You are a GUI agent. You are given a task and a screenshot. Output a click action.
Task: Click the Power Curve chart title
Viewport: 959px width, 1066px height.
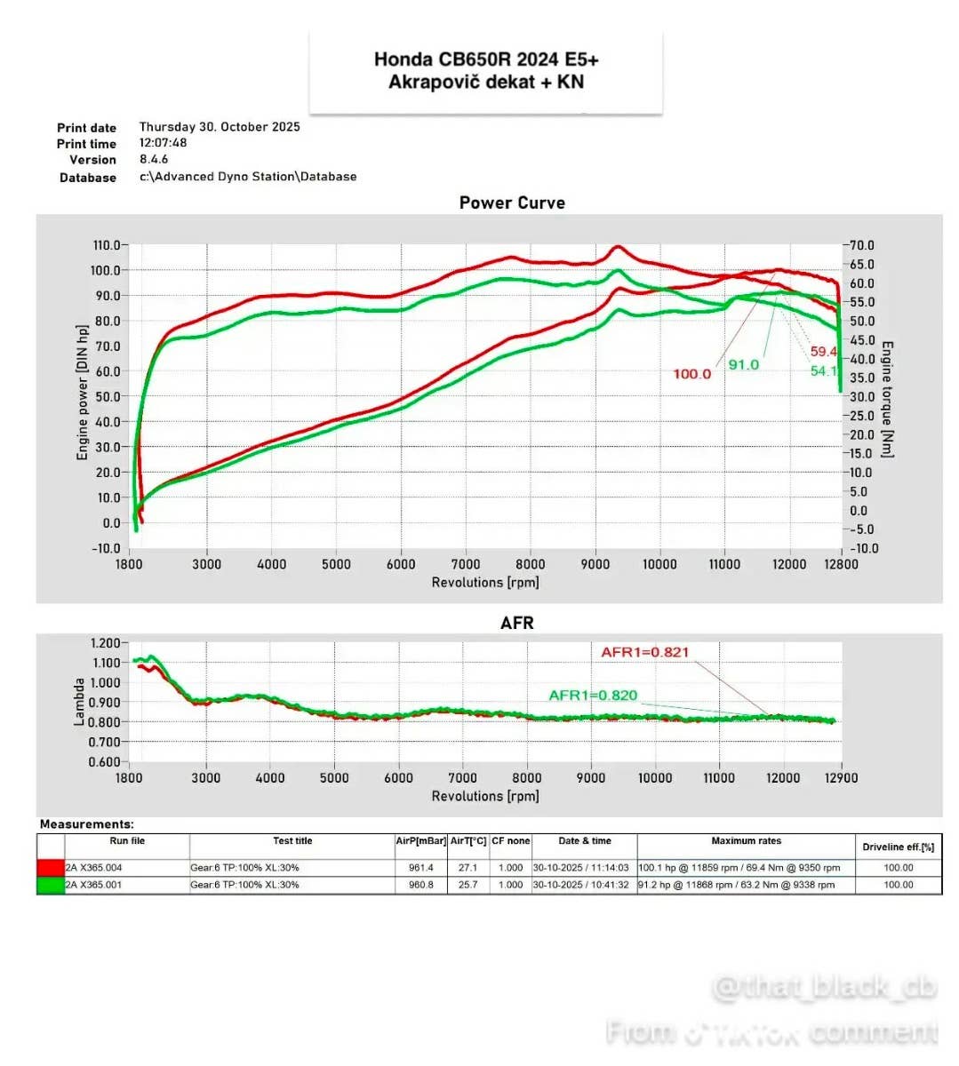tap(512, 203)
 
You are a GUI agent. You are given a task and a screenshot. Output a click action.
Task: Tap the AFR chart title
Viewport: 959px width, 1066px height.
tap(516, 623)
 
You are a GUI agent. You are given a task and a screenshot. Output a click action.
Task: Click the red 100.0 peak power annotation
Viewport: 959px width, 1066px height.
tap(691, 374)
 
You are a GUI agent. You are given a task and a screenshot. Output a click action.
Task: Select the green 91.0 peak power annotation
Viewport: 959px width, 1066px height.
tap(744, 365)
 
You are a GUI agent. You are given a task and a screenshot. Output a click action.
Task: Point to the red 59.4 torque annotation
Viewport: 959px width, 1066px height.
tap(823, 352)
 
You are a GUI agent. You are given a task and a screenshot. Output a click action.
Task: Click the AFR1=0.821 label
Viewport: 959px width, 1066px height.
tap(644, 652)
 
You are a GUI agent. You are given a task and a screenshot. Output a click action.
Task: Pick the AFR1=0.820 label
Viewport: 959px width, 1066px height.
tap(593, 695)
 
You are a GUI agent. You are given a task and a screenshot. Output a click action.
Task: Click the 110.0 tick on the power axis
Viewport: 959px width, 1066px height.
tap(106, 245)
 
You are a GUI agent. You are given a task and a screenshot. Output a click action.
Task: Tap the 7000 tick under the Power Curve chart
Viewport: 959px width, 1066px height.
tap(466, 564)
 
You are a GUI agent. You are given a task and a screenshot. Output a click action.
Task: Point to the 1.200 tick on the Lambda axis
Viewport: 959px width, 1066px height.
tap(105, 643)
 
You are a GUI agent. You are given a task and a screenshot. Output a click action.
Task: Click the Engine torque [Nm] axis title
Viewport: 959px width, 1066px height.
tap(887, 399)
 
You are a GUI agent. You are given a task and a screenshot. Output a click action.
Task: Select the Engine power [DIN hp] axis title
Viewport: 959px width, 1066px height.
tap(83, 392)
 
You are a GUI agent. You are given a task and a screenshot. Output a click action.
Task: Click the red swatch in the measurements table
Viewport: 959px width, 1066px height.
tap(51, 868)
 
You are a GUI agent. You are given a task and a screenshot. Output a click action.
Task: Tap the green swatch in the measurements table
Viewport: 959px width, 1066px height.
tap(51, 885)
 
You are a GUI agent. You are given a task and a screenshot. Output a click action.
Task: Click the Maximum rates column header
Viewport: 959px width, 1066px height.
tap(746, 841)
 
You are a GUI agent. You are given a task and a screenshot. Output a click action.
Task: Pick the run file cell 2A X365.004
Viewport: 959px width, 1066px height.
tap(94, 868)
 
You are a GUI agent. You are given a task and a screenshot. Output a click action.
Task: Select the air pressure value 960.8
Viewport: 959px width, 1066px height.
tap(421, 885)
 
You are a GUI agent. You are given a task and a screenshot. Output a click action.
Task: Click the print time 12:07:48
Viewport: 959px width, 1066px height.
tap(163, 143)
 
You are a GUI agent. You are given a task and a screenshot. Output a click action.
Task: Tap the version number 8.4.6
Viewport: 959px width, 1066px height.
tap(154, 160)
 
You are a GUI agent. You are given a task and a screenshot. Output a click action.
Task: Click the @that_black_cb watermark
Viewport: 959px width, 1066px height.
tap(824, 988)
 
